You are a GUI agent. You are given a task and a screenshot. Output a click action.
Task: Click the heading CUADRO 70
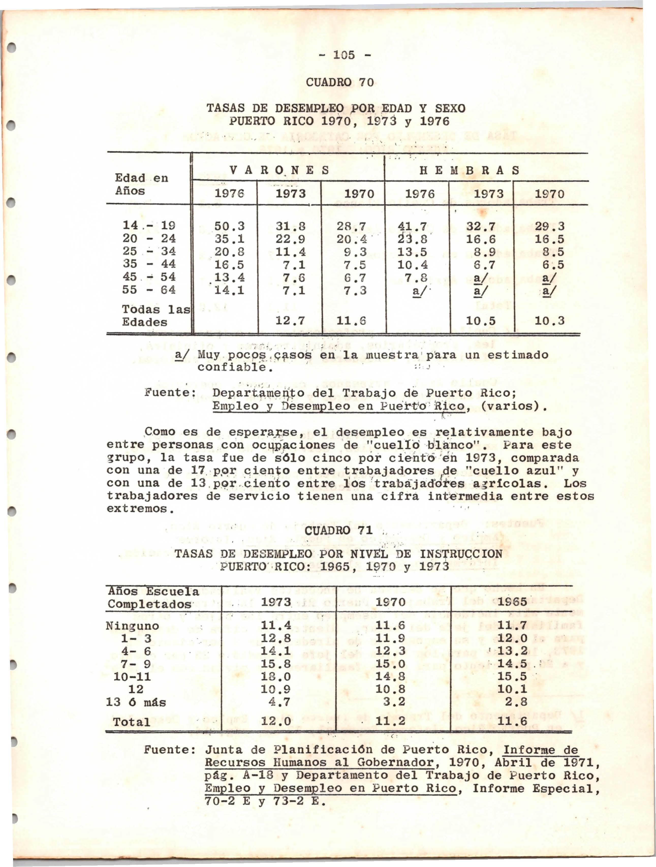coord(340,82)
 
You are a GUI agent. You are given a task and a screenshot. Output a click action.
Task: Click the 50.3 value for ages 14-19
coord(229,226)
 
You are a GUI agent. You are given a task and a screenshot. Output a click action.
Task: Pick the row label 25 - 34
coord(149,251)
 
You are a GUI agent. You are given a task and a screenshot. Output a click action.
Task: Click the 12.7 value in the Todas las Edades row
coord(290,321)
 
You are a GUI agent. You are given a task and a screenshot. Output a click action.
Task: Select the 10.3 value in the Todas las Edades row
coord(550,321)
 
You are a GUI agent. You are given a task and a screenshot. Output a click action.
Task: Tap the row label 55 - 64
coord(149,290)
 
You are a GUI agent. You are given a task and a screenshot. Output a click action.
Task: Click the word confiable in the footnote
coord(233,368)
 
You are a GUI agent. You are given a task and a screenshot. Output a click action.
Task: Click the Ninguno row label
coord(132,626)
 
